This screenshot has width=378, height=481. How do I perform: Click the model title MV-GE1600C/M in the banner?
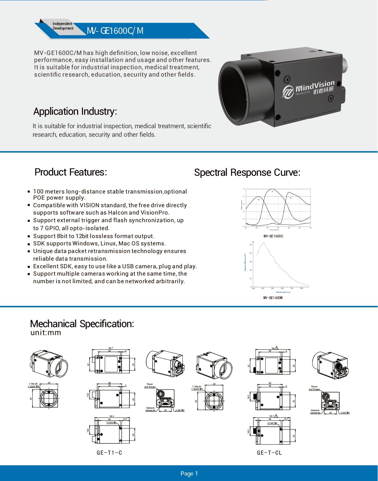pyautogui.click(x=115, y=31)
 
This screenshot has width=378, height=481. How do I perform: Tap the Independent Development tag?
pyautogui.click(x=63, y=26)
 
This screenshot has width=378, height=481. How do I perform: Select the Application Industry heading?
pyautogui.click(x=75, y=111)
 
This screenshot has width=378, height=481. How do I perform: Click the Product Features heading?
pyautogui.click(x=71, y=172)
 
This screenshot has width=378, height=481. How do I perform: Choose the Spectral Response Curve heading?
pyautogui.click(x=247, y=172)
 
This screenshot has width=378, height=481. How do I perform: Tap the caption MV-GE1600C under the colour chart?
pyautogui.click(x=273, y=236)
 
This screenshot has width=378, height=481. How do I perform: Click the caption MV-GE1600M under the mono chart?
pyautogui.click(x=273, y=298)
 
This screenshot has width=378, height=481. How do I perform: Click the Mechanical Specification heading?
pyautogui.click(x=82, y=324)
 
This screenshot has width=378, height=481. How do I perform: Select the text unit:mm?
pyautogui.click(x=46, y=333)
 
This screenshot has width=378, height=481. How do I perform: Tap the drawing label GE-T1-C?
pyautogui.click(x=109, y=453)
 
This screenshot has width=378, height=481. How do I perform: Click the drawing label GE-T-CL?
pyautogui.click(x=269, y=453)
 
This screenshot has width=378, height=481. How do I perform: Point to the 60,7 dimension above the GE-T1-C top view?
pyautogui.click(x=111, y=348)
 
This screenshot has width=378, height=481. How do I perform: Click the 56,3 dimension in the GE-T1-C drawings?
pyautogui.click(x=111, y=416)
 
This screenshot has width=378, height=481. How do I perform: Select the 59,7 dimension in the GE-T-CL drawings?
pyautogui.click(x=271, y=416)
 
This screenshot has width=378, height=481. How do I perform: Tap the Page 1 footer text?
pyautogui.click(x=189, y=473)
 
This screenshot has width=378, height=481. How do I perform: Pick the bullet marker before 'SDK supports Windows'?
pyautogui.click(x=29, y=244)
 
